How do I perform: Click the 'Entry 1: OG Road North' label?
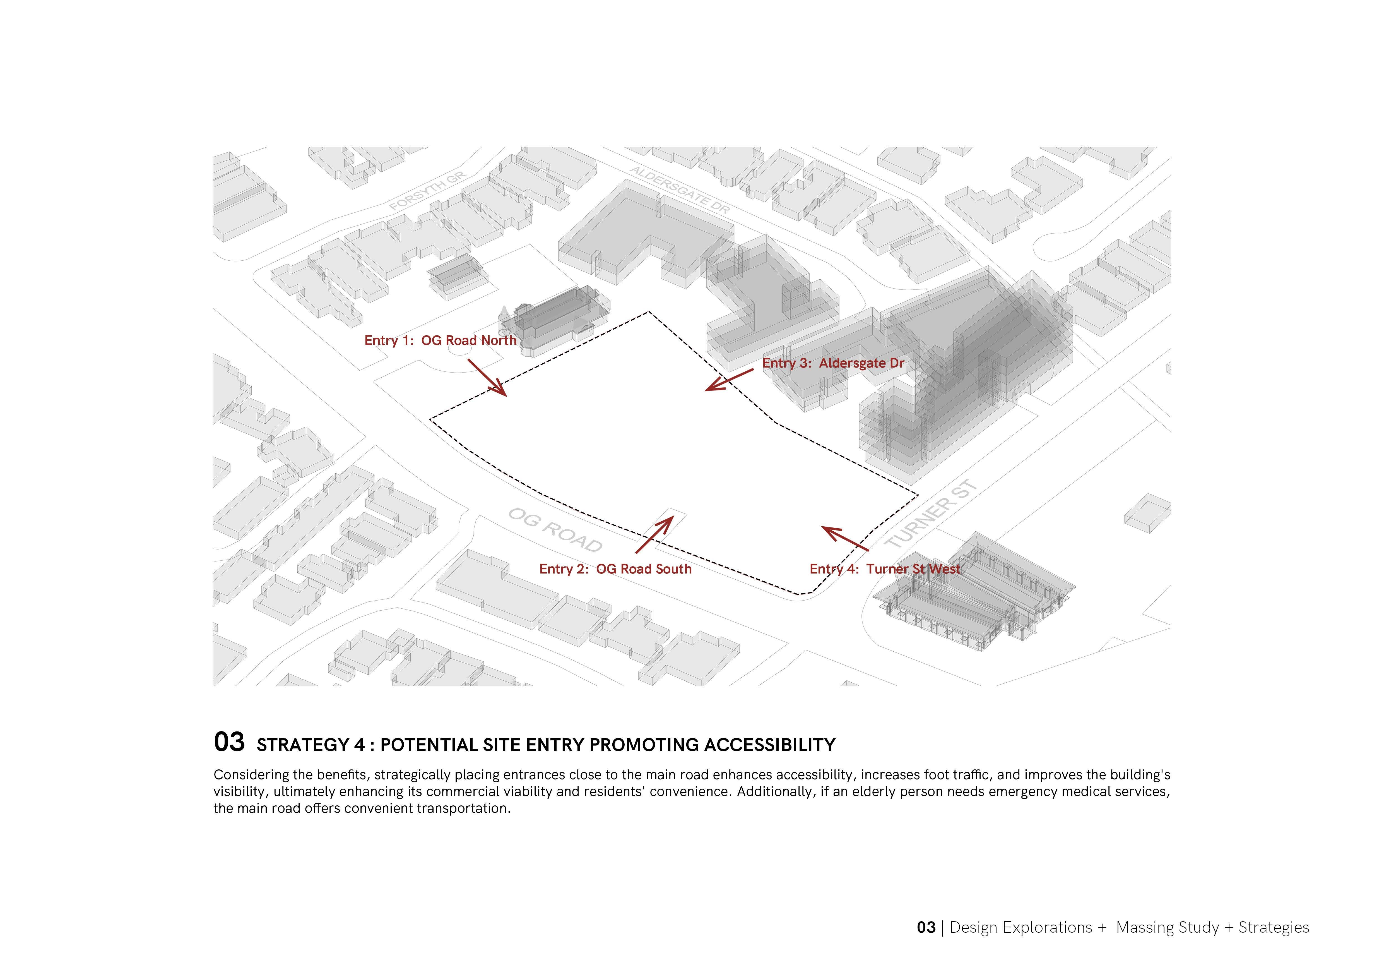440,340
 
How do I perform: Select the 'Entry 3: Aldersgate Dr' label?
833,363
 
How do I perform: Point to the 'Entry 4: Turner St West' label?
884,569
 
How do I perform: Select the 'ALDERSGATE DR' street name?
680,190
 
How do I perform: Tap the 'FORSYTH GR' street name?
428,191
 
